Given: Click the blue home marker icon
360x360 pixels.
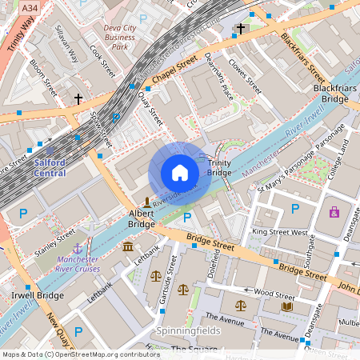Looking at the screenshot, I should tap(180, 173).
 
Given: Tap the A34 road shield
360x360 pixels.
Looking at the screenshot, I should tap(30, 7).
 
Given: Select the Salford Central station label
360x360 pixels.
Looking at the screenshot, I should tap(50, 167).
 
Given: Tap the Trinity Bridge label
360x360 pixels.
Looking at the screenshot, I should tap(219, 168).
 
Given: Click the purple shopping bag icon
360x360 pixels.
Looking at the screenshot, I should tap(334, 212).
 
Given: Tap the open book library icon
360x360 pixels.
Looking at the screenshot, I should tap(287, 306).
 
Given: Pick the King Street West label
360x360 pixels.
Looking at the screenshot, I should tap(279, 232).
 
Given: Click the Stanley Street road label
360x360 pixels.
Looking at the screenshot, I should tap(54, 238).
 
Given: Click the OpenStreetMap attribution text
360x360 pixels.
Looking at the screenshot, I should tap(81, 354).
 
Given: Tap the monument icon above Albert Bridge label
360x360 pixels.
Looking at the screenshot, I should tap(146, 200).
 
